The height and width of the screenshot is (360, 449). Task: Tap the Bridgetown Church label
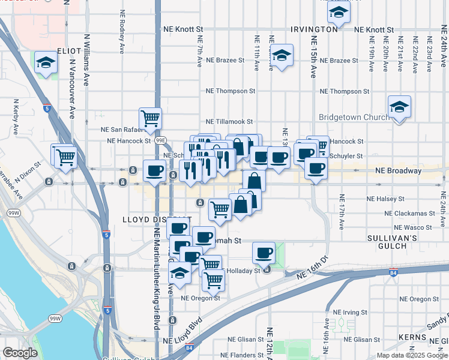[354, 117]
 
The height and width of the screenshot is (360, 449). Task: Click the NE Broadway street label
[398, 171]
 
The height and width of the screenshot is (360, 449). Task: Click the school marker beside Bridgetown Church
[399, 107]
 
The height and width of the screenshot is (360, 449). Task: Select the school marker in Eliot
[46, 63]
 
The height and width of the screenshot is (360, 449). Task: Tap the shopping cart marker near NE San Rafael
[150, 118]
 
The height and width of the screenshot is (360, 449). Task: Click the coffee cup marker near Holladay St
[264, 253]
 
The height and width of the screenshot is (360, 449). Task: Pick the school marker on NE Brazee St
[281, 56]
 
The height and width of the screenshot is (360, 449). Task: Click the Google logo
[20, 353]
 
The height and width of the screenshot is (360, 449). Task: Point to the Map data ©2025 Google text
[412, 355]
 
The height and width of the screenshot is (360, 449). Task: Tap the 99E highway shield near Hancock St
[161, 140]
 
